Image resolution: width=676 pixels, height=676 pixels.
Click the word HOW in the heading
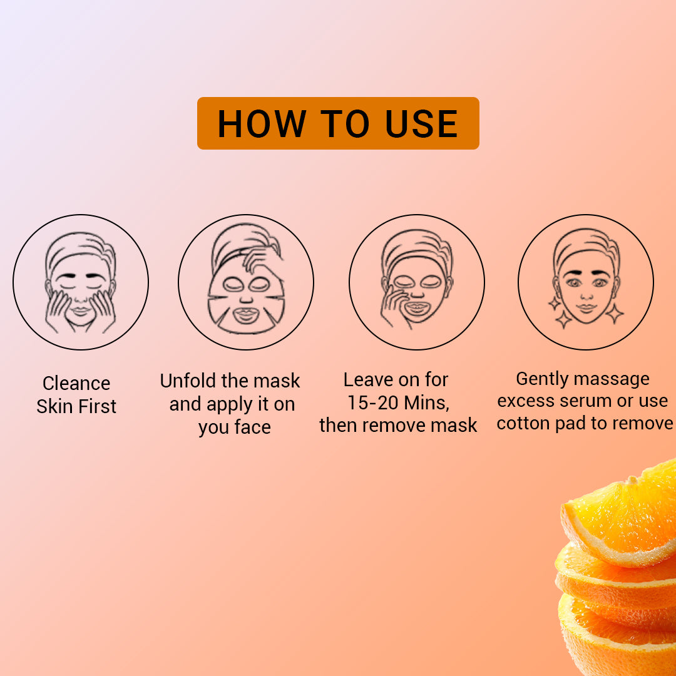[262, 123]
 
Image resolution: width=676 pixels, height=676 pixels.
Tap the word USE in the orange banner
[421, 123]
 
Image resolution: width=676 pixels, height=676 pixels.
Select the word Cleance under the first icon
[76, 383]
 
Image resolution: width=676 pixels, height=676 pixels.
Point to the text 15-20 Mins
[398, 402]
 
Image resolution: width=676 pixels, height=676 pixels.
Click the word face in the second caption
[252, 428]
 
